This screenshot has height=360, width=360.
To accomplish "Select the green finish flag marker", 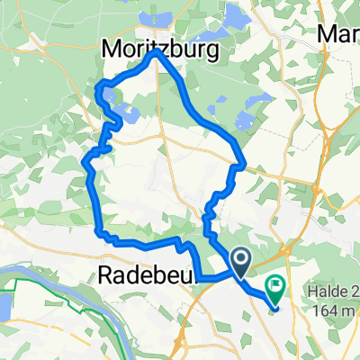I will pyautogui.click(x=274, y=288).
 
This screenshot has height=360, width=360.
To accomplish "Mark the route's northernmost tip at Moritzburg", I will pyautogui.click(x=156, y=52).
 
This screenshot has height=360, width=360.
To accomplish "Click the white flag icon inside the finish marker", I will pyautogui.click(x=274, y=286).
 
